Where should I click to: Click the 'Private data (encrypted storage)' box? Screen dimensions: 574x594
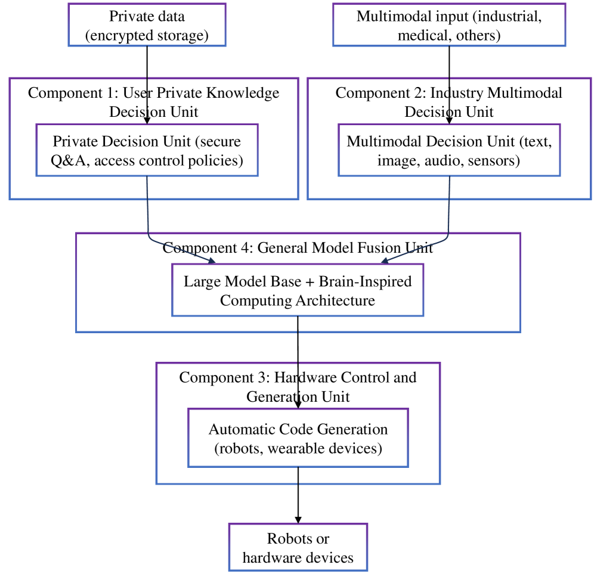point(147,25)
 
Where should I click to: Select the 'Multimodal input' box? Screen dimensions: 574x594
point(448,25)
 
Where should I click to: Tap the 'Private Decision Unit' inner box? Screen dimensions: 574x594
point(147,150)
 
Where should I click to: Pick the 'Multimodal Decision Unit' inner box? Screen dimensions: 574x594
point(448,150)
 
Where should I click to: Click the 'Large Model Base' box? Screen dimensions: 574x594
point(297,290)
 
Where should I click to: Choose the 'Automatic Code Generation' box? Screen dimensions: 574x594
point(298,438)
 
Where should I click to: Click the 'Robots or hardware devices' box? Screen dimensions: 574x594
point(298,547)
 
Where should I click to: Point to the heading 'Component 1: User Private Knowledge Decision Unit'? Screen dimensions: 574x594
point(153,102)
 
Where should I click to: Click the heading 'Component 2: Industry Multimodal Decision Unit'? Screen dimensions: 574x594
point(448,102)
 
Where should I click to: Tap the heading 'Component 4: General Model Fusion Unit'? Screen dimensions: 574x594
point(298,248)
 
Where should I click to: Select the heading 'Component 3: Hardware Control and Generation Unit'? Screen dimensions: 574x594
point(298,387)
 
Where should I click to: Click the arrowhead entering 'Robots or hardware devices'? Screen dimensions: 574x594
point(298,520)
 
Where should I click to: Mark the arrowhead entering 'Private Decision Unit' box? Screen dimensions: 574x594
point(147,120)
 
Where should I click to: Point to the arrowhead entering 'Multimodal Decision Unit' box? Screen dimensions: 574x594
point(448,120)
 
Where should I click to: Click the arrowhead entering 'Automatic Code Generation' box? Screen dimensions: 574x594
point(298,405)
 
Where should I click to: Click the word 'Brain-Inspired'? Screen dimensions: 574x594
point(374,281)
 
